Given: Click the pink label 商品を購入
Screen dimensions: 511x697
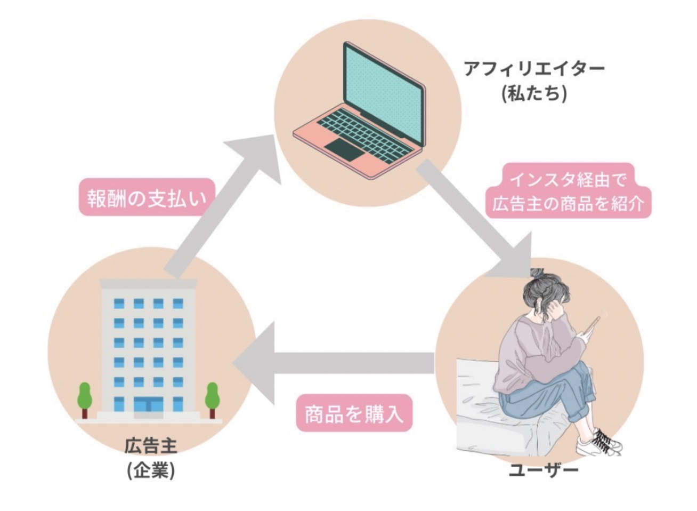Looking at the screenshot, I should pyautogui.click(x=354, y=412).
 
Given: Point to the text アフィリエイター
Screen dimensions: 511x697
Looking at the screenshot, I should pyautogui.click(x=533, y=69).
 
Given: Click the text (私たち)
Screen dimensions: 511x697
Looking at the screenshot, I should pyautogui.click(x=533, y=93).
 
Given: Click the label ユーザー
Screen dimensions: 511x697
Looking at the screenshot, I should pyautogui.click(x=543, y=470).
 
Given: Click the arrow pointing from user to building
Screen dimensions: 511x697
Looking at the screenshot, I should pyautogui.click(x=330, y=364).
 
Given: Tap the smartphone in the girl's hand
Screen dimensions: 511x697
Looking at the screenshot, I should pyautogui.click(x=593, y=325).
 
